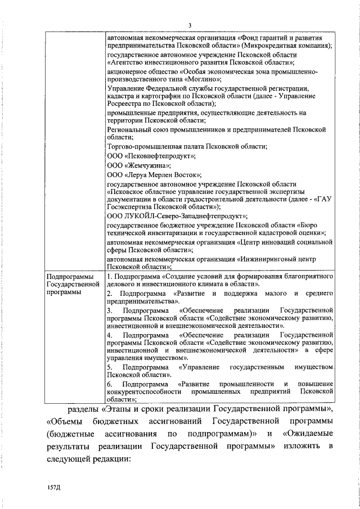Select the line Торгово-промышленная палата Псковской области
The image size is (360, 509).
(186, 146)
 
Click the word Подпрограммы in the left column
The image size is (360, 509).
(66, 277)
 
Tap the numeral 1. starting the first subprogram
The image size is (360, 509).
(110, 277)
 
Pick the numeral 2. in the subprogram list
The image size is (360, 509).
(110, 294)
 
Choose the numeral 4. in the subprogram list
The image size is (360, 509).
(110, 335)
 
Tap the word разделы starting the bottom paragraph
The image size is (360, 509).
(91, 407)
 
